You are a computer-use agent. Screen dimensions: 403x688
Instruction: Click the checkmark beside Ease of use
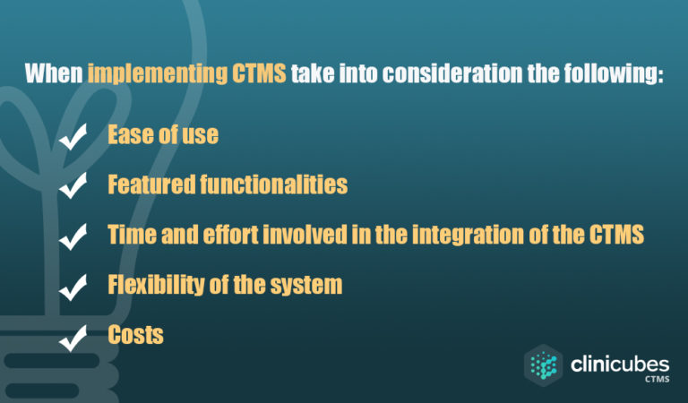(x=73, y=137)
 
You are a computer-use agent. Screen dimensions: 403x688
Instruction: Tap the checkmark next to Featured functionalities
(x=73, y=186)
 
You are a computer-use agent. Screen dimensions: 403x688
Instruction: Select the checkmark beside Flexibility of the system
(x=73, y=287)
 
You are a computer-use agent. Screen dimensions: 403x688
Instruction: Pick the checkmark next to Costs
(x=73, y=337)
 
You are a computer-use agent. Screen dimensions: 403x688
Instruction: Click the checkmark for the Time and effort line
(x=73, y=236)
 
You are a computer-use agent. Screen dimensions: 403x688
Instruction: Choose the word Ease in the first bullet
(x=128, y=135)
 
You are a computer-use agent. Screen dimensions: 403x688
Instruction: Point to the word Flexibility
(x=150, y=286)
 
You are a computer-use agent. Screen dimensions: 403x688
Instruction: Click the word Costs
(x=135, y=336)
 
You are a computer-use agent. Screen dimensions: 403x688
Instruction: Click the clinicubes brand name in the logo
(x=618, y=364)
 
